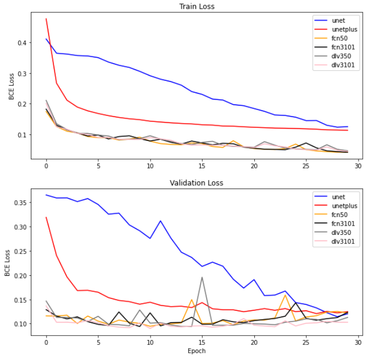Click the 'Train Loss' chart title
pyautogui.click(x=197, y=6)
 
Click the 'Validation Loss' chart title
pyautogui.click(x=197, y=183)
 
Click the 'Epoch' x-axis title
pyautogui.click(x=197, y=351)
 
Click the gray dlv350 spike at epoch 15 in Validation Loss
pyautogui.click(x=202, y=277)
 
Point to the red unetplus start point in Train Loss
pyautogui.click(x=46, y=19)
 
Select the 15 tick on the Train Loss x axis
pyautogui.click(x=202, y=166)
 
